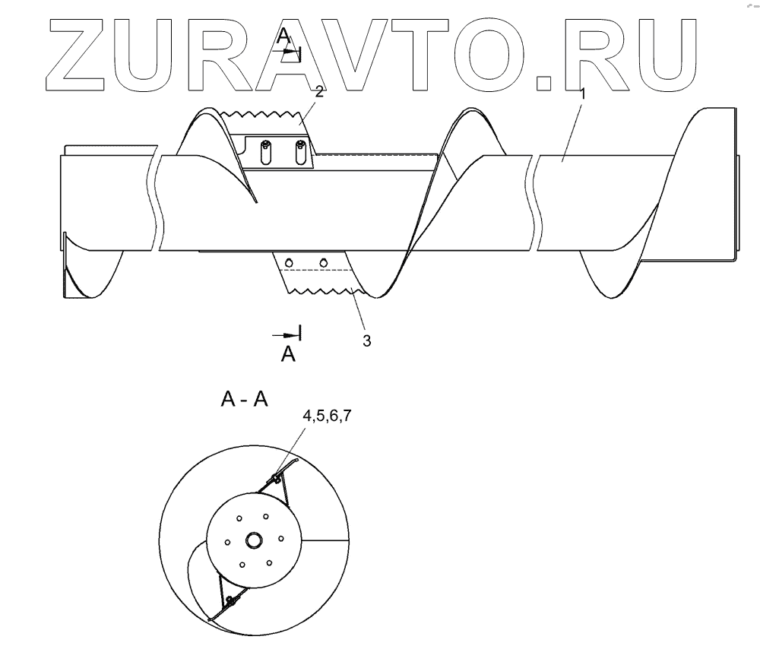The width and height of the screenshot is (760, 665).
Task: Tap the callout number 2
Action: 320,93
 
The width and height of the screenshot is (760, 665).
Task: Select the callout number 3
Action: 366,341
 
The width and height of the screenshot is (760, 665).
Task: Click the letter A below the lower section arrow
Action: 288,354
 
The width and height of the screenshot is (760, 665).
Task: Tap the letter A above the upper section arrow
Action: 283,35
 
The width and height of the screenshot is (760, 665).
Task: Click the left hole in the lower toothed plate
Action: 289,262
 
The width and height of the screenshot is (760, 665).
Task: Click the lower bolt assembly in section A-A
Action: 230,601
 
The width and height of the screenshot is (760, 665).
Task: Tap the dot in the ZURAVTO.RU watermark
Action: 544,82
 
